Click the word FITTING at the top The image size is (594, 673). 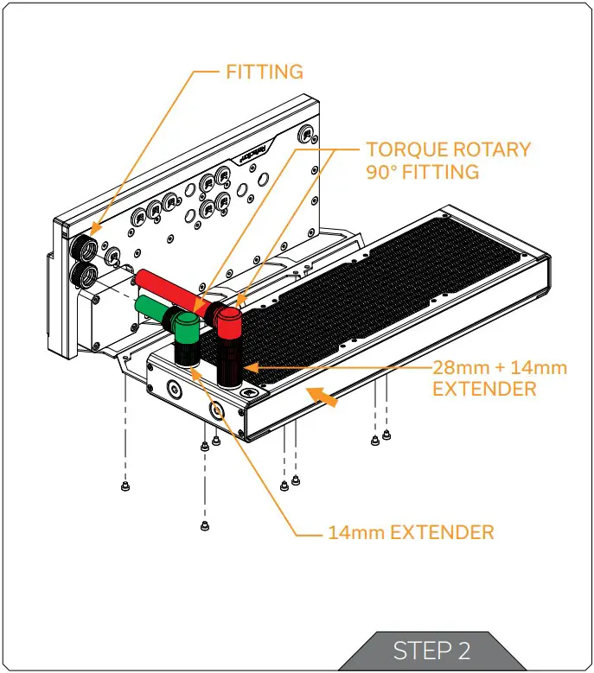click(x=265, y=72)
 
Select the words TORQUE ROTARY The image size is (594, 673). click(x=448, y=149)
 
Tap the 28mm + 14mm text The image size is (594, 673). click(x=499, y=367)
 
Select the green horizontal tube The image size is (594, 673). click(x=156, y=306)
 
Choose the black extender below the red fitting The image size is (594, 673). click(x=228, y=363)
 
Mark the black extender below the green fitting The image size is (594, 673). click(x=187, y=354)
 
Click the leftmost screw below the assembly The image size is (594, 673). click(x=125, y=486)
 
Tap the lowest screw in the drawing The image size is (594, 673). click(x=204, y=525)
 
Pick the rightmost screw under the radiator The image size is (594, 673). click(x=386, y=435)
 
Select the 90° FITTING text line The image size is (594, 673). click(x=422, y=172)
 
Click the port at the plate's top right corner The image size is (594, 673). click(x=305, y=135)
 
